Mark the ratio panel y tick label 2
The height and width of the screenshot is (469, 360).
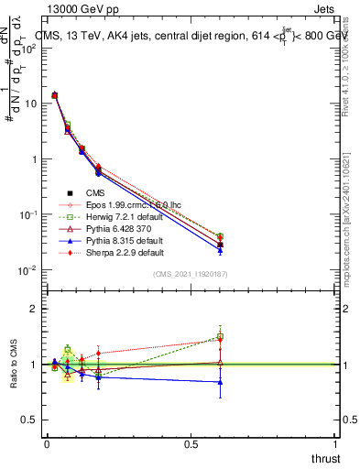[x=34, y=310]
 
